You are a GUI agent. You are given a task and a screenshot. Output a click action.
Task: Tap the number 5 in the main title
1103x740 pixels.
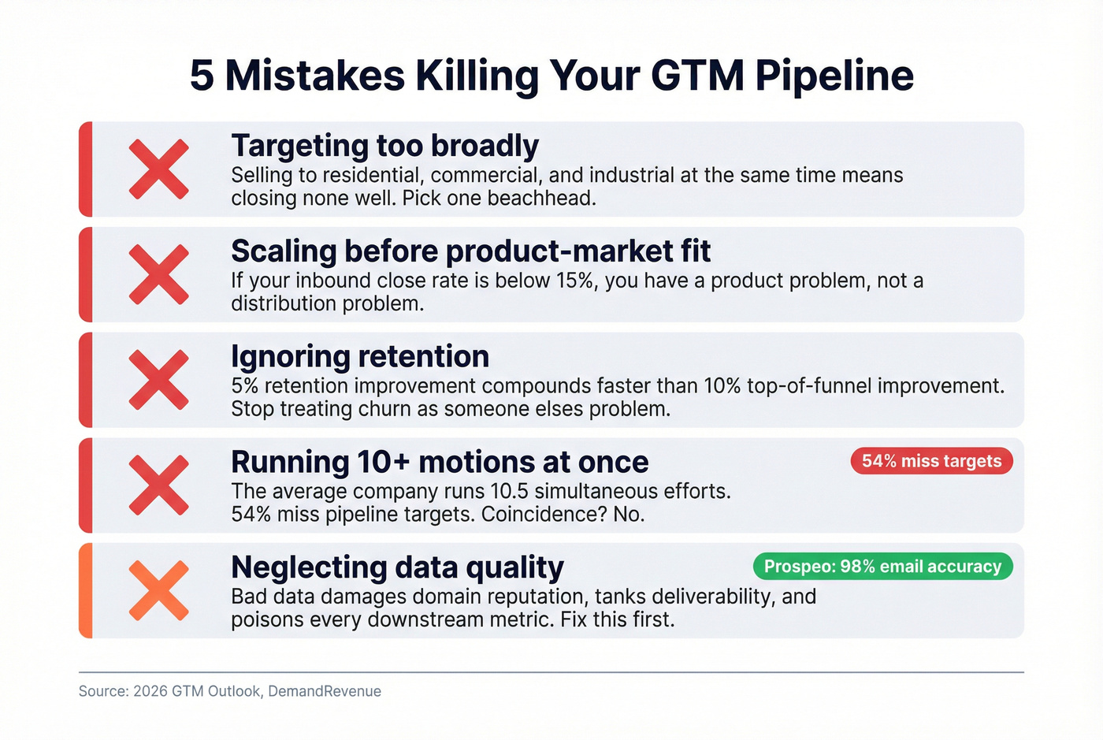pyautogui.click(x=202, y=76)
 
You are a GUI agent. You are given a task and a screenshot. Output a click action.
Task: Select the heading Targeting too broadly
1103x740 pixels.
pyautogui.click(x=384, y=147)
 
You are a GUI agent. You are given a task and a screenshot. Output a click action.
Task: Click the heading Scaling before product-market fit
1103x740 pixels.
pyautogui.click(x=470, y=251)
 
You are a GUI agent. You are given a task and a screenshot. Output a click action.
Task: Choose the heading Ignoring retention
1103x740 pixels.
pyautogui.click(x=360, y=357)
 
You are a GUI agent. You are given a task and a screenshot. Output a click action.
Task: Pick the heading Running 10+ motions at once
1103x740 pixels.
pyautogui.click(x=440, y=462)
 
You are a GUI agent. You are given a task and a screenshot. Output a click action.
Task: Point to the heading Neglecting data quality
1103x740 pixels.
pyautogui.click(x=397, y=567)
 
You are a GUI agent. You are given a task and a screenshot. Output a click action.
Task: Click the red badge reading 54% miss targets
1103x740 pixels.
pyautogui.click(x=931, y=461)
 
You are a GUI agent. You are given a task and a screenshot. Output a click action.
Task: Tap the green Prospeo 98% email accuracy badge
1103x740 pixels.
pyautogui.click(x=882, y=567)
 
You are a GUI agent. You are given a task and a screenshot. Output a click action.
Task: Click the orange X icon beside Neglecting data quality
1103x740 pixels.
pyautogui.click(x=159, y=590)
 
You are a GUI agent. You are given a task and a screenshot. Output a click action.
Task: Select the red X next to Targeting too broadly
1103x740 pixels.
pyautogui.click(x=159, y=169)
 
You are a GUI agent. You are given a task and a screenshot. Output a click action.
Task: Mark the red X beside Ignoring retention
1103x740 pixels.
pyautogui.click(x=159, y=380)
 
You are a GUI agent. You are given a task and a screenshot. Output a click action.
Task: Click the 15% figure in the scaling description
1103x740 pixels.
pyautogui.click(x=576, y=281)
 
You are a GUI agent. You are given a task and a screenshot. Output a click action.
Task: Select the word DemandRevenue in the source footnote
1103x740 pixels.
pyautogui.click(x=325, y=691)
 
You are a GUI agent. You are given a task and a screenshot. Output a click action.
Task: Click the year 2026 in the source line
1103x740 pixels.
pyautogui.click(x=150, y=691)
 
